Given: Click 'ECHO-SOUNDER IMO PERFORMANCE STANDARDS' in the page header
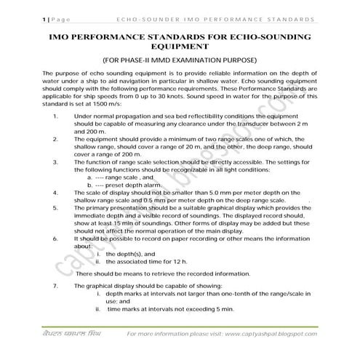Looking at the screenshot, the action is pyautogui.click(x=215, y=14).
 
